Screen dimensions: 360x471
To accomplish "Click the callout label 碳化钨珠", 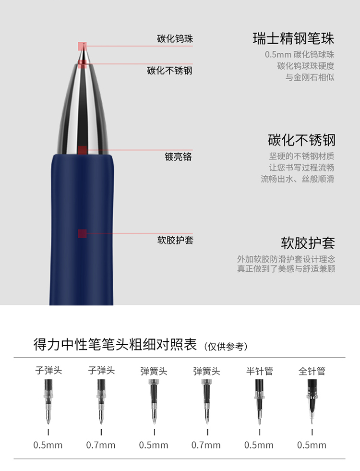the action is pyautogui.click(x=175, y=39).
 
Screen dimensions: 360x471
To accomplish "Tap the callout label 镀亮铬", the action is pyautogui.click(x=178, y=157).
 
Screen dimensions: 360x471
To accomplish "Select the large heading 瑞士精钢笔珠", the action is pyautogui.click(x=293, y=38).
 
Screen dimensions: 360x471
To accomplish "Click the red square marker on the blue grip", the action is pyautogui.click(x=82, y=233).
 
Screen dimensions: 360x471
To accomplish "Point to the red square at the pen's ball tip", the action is pyautogui.click(x=82, y=46).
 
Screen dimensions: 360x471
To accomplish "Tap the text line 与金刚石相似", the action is pyautogui.click(x=310, y=77).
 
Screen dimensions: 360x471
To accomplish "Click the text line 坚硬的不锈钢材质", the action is pyautogui.click(x=301, y=156).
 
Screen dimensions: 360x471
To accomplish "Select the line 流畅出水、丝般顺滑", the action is pyautogui.click(x=297, y=179).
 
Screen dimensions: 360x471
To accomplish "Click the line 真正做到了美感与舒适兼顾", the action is pyautogui.click(x=286, y=268).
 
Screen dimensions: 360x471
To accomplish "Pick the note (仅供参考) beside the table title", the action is pyautogui.click(x=226, y=346).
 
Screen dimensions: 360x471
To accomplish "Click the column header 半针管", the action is pyautogui.click(x=259, y=371).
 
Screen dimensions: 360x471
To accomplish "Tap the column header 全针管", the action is pyautogui.click(x=312, y=371).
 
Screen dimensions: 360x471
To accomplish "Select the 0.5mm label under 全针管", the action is pyautogui.click(x=312, y=445).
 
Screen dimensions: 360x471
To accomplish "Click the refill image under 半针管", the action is pyautogui.click(x=259, y=401).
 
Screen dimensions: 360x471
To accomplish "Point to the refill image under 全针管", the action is pyautogui.click(x=312, y=401).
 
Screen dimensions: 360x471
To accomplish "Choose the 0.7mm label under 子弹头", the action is pyautogui.click(x=101, y=445).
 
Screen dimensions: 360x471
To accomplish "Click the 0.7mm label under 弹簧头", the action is pyautogui.click(x=206, y=445).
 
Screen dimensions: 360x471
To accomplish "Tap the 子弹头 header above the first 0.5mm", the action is pyautogui.click(x=48, y=370).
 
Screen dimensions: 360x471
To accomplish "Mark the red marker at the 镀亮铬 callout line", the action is pyautogui.click(x=82, y=150).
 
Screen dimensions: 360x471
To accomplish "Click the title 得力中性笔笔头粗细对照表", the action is pyautogui.click(x=115, y=344).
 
